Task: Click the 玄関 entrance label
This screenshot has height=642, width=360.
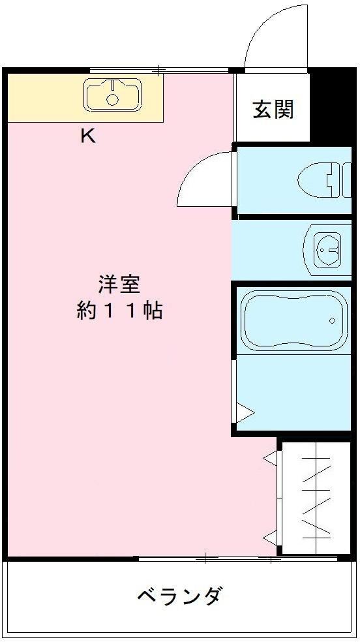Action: [x=273, y=110]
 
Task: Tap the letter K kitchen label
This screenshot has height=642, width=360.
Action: [x=87, y=136]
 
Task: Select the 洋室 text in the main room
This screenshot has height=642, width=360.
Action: [x=119, y=286]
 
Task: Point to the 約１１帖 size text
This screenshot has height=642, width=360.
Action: [x=119, y=311]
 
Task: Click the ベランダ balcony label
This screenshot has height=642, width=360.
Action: [x=180, y=596]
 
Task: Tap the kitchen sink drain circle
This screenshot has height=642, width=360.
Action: [x=112, y=100]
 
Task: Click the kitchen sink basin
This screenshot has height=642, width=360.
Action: [x=112, y=94]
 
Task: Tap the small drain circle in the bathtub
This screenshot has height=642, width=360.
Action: [x=333, y=320]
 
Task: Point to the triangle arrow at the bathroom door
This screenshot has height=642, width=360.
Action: [x=244, y=412]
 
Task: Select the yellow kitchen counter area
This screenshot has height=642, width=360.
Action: [x=46, y=98]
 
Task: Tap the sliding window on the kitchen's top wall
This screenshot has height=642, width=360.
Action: [x=160, y=69]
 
